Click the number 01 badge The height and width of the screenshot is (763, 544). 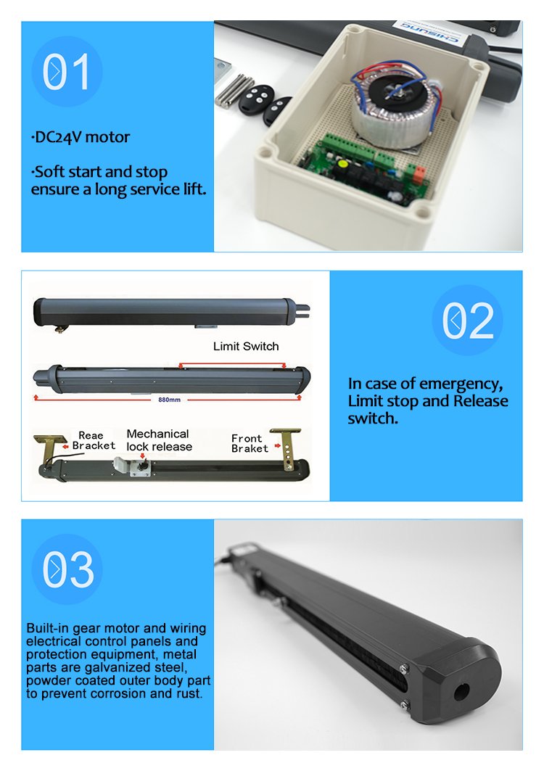click(67, 72)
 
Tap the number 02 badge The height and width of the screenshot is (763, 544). click(467, 320)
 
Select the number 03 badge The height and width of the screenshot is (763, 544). click(67, 569)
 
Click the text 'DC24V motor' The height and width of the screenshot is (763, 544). click(81, 137)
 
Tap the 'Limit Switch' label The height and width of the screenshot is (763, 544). click(246, 347)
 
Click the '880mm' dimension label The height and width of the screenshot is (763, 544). click(169, 400)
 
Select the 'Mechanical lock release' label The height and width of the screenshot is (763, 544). click(159, 440)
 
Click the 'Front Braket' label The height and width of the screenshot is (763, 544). click(250, 443)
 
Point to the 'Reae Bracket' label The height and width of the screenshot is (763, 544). click(94, 440)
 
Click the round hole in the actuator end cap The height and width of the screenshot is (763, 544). click(461, 691)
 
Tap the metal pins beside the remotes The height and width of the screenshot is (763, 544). click(234, 91)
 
